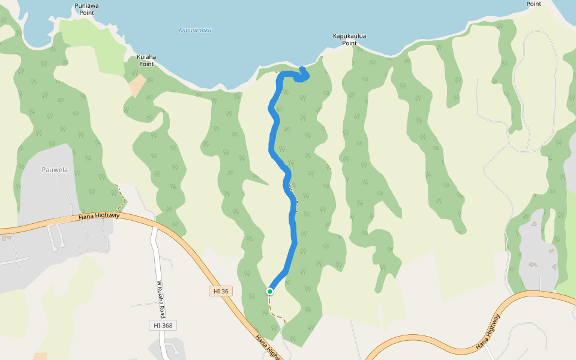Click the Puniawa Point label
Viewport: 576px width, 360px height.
87,8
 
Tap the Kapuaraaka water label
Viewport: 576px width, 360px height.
195,30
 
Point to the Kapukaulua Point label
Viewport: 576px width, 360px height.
349,39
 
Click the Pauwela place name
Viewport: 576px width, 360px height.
55,170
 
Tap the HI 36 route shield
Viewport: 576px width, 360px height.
221,291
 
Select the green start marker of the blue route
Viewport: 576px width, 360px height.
270,292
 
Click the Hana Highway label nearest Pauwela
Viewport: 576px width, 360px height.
99,216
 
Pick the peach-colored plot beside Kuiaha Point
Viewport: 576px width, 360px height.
137,86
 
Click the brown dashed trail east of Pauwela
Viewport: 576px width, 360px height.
122,194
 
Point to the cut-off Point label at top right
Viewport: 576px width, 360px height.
533,4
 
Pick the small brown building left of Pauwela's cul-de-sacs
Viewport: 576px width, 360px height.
7,238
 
